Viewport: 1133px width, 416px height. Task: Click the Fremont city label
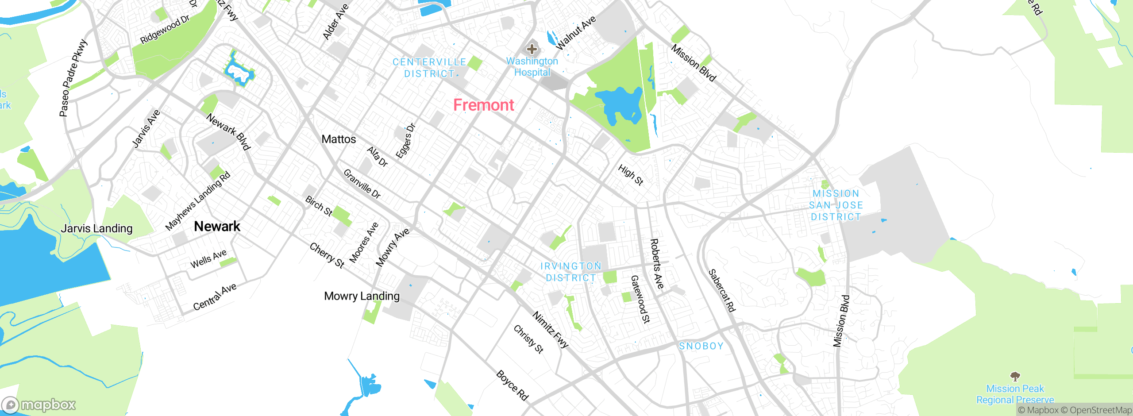click(483, 105)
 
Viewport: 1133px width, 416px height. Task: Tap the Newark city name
click(217, 227)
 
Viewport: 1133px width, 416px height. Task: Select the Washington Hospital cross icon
click(532, 49)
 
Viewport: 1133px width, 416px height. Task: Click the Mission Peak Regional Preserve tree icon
click(1015, 377)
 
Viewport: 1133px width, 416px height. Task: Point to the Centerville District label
click(429, 68)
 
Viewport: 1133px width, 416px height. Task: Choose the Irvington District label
click(570, 272)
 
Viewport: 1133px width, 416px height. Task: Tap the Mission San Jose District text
click(836, 205)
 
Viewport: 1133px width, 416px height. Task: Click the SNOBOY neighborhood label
click(701, 346)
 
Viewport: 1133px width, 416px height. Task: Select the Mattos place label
click(339, 139)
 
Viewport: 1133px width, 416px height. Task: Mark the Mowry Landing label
click(362, 296)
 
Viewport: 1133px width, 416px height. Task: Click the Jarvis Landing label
click(96, 229)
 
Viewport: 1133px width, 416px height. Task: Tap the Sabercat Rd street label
click(721, 291)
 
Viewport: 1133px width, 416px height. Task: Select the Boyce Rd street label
click(512, 385)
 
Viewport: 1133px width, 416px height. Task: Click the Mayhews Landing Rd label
click(197, 201)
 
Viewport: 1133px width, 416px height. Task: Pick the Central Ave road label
click(215, 297)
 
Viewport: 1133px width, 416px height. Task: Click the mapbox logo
click(39, 404)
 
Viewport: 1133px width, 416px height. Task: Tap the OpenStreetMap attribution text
click(1097, 410)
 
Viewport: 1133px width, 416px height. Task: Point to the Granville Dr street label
click(362, 184)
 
